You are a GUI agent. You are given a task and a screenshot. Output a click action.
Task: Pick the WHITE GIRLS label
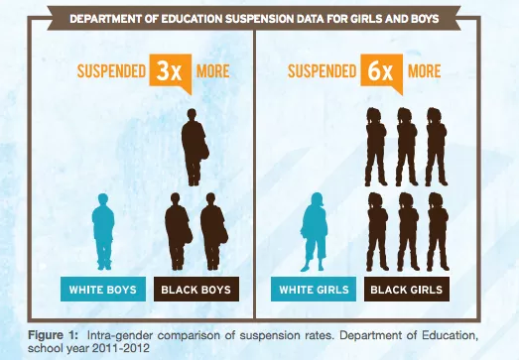(x=313, y=290)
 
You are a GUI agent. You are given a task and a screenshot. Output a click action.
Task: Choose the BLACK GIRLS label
(x=405, y=290)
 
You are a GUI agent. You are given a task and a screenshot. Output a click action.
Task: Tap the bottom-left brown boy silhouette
(x=176, y=230)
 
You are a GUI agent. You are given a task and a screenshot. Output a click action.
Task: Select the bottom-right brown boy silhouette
(x=212, y=230)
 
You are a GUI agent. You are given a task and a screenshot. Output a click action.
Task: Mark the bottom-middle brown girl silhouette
(x=405, y=230)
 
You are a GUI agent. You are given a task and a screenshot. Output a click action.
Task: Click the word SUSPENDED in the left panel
(x=104, y=73)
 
